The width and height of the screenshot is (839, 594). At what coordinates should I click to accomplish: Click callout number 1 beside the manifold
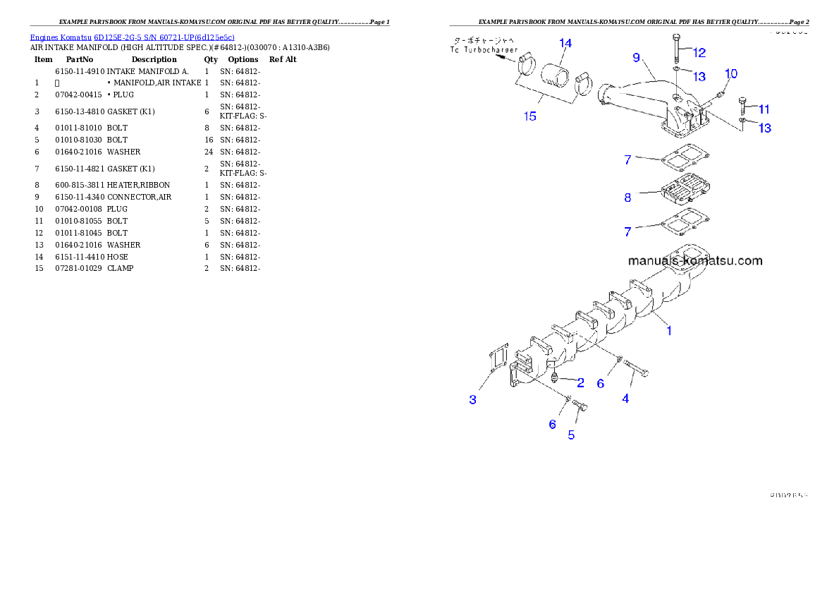669,329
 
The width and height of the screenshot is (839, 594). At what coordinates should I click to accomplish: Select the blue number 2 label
580,383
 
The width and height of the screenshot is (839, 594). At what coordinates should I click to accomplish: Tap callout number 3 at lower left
473,400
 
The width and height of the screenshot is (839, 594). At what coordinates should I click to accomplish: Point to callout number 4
625,399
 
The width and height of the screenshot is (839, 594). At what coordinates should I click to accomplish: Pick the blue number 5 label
571,435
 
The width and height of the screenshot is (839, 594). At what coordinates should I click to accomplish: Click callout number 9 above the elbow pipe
636,56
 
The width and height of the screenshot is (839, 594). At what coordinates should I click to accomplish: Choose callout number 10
731,74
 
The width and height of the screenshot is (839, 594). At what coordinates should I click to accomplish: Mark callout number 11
764,109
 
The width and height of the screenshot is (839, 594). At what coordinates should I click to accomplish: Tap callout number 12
699,52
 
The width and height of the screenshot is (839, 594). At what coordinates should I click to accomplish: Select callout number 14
565,43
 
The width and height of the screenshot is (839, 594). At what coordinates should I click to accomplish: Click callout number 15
530,116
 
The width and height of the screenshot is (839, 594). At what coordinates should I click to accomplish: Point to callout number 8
627,198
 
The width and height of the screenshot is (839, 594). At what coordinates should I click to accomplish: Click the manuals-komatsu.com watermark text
694,260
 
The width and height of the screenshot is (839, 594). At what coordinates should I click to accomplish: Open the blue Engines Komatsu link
132,37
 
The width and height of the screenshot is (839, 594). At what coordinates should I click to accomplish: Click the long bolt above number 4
636,370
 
